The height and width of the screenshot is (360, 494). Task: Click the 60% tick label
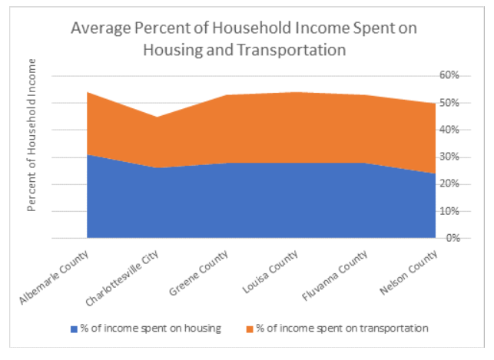pyautogui.click(x=449, y=75)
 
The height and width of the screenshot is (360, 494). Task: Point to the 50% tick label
pyautogui.click(x=449, y=103)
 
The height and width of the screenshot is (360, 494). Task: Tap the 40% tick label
pyautogui.click(x=449, y=130)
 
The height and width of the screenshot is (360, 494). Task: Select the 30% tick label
pyautogui.click(x=449, y=157)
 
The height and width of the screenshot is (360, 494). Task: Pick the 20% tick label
pyautogui.click(x=449, y=184)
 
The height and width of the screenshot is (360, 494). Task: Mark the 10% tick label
pyautogui.click(x=449, y=211)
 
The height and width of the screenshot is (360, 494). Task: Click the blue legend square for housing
pyautogui.click(x=74, y=329)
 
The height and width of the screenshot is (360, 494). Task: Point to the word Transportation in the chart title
pyautogui.click(x=296, y=49)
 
